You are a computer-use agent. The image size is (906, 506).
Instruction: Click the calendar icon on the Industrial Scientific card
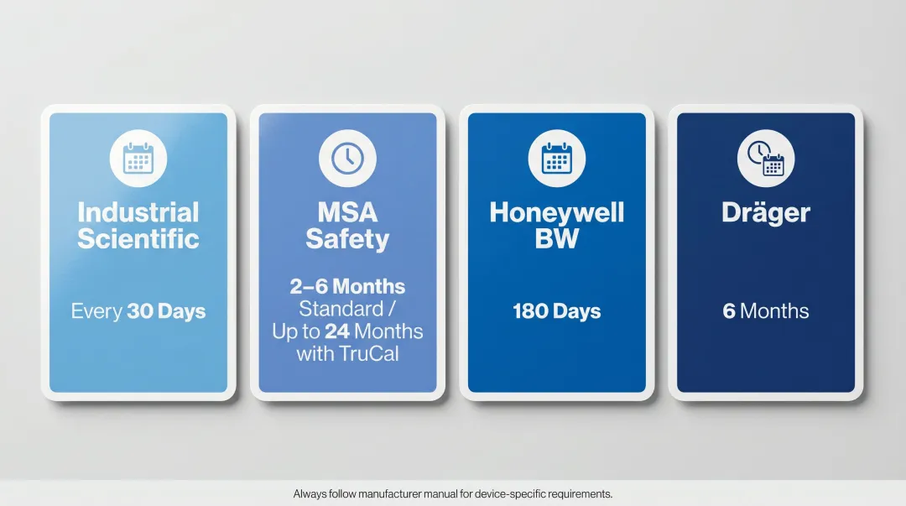click(138, 159)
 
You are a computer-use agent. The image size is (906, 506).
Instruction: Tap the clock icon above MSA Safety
click(347, 159)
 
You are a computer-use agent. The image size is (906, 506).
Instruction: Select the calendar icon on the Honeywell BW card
click(556, 159)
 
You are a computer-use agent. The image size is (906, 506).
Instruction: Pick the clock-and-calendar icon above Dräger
click(765, 159)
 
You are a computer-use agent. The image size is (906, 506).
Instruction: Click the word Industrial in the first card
click(138, 212)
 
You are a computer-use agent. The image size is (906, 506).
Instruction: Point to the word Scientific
click(138, 239)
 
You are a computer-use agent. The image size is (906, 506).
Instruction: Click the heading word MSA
click(347, 212)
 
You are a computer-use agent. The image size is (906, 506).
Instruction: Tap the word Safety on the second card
click(347, 239)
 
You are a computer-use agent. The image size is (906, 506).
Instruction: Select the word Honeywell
click(556, 212)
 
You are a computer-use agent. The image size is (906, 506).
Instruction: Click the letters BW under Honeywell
click(556, 239)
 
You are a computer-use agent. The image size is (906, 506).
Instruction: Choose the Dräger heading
click(765, 213)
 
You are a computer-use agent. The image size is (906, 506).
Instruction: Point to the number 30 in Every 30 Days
click(140, 311)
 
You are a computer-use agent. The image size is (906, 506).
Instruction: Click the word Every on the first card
click(96, 311)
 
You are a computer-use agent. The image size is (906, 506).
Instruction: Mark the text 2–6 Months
click(347, 286)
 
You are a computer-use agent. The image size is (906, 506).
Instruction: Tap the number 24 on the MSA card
click(337, 331)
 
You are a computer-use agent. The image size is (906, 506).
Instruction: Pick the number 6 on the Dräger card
click(729, 311)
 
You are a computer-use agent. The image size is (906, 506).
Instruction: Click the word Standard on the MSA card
click(340, 308)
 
